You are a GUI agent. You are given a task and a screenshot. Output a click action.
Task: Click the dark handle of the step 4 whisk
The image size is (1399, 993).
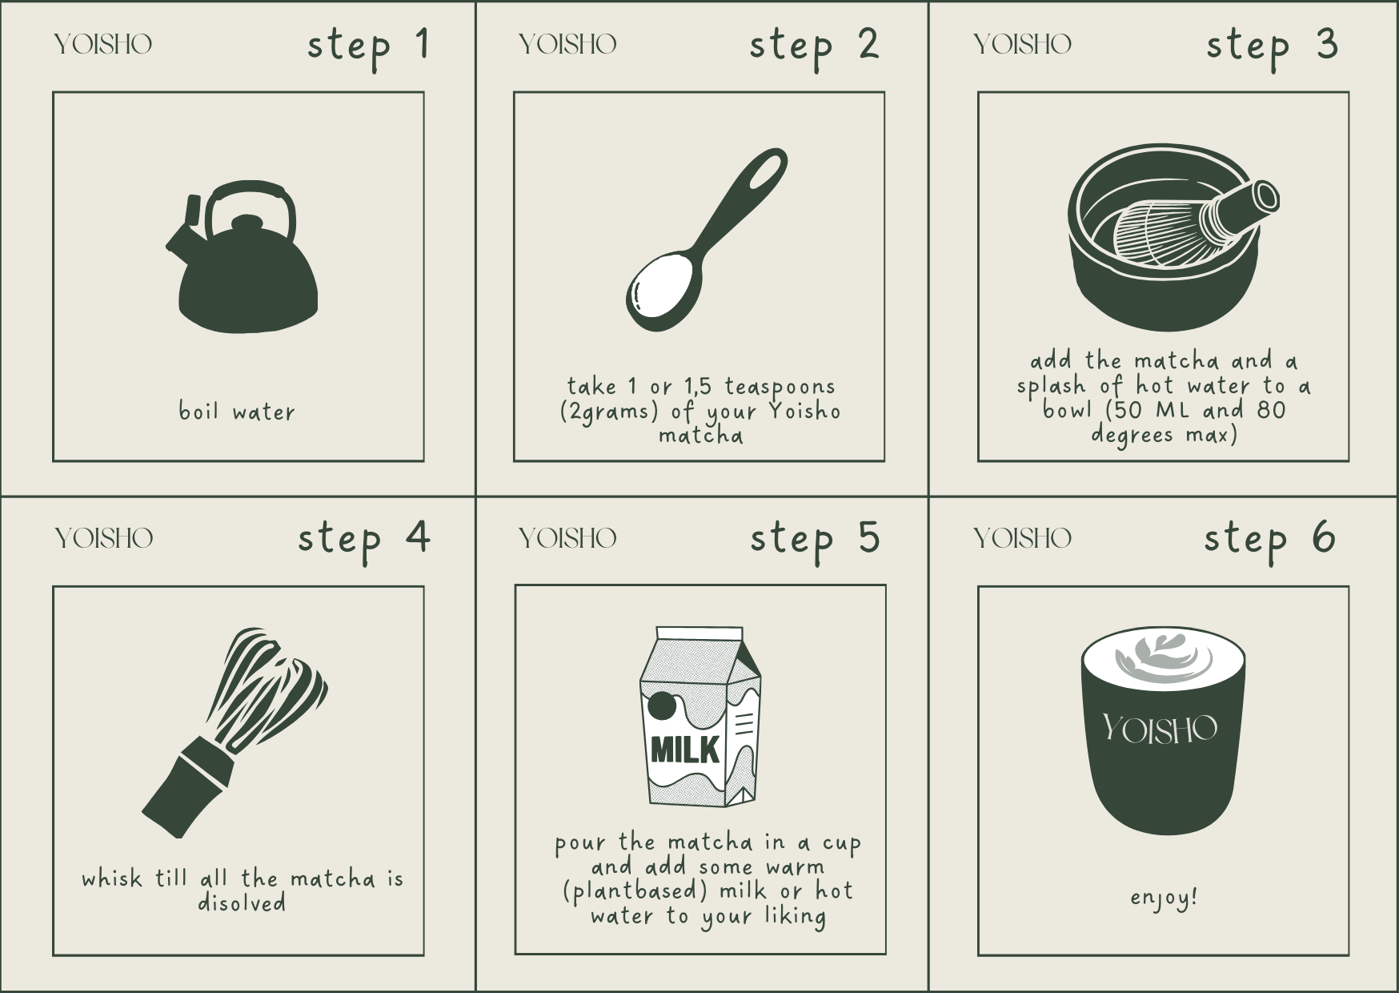[x=188, y=790]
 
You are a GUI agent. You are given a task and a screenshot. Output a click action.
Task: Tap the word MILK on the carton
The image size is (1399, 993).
[x=684, y=750]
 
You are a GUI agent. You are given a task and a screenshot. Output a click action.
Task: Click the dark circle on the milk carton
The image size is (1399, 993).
[x=661, y=707]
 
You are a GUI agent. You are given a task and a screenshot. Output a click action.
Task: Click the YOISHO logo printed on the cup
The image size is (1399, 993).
[x=1159, y=729]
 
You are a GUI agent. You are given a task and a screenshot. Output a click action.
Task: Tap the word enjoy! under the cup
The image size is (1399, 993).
[x=1164, y=898]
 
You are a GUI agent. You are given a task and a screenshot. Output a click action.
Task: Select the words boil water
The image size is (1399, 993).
[x=237, y=411]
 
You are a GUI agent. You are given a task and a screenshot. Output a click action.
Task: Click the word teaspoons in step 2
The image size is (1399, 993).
[x=780, y=387]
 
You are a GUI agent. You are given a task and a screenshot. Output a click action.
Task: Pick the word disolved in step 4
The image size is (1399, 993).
[x=242, y=903]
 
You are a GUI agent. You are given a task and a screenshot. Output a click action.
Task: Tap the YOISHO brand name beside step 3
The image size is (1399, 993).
[x=1022, y=44]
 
